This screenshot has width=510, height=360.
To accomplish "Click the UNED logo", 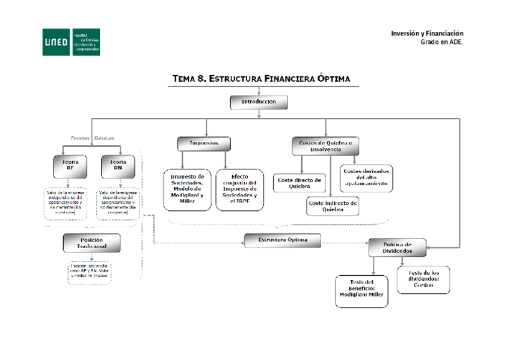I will pos(70,42).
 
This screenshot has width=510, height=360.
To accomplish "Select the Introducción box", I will pos(259,102).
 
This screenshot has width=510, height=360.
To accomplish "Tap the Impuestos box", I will pos(204,144).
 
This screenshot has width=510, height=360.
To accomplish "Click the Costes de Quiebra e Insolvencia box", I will pos(325,145).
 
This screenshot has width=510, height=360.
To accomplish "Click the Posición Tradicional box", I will pos(91,243).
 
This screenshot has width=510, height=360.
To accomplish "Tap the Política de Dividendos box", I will pos(397,248).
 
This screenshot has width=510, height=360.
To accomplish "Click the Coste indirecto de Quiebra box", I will pos(333,206).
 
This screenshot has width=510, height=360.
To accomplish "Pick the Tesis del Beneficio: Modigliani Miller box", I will pos(361,291).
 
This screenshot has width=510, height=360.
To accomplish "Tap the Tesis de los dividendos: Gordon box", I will pos(423,280).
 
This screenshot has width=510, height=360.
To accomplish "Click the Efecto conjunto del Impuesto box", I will pos(239,189).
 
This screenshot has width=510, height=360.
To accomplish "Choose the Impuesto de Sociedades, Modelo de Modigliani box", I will pos(187,189).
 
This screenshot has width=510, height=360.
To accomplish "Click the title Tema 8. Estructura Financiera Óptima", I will pos(261,79).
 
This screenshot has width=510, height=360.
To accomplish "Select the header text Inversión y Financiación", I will pos(427,33).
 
